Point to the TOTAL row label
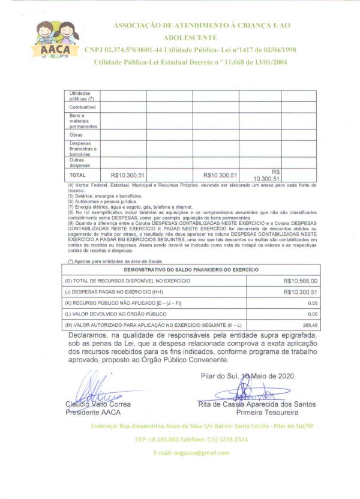(x=78, y=175)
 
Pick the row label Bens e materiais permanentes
(x=83, y=121)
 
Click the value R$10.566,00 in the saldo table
(x=301, y=280)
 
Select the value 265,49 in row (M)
(x=310, y=324)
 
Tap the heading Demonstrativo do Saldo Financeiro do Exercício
(x=191, y=269)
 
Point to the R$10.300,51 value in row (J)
(x=301, y=291)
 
